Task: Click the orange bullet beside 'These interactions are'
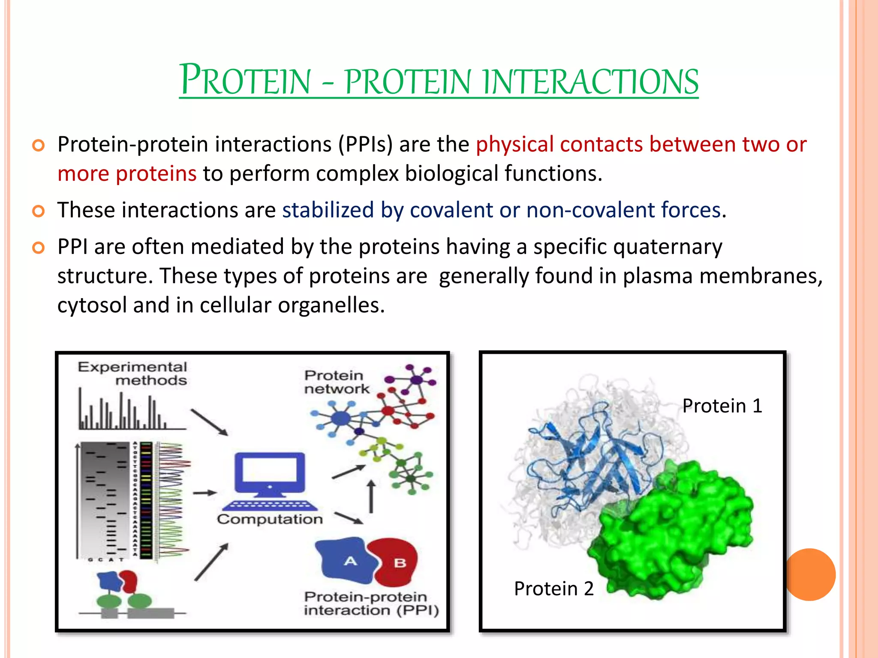click(x=39, y=211)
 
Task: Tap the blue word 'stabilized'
click(x=328, y=210)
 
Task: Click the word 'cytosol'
click(x=92, y=305)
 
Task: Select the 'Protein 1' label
click(x=722, y=406)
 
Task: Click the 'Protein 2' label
click(x=553, y=589)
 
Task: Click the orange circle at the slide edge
click(x=810, y=574)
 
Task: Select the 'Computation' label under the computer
click(x=270, y=519)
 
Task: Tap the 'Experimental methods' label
click(x=132, y=374)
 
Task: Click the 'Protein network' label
click(x=336, y=382)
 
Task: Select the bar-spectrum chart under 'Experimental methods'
click(x=129, y=411)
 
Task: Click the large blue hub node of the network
click(x=341, y=419)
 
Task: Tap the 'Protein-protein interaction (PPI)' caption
click(x=371, y=604)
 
